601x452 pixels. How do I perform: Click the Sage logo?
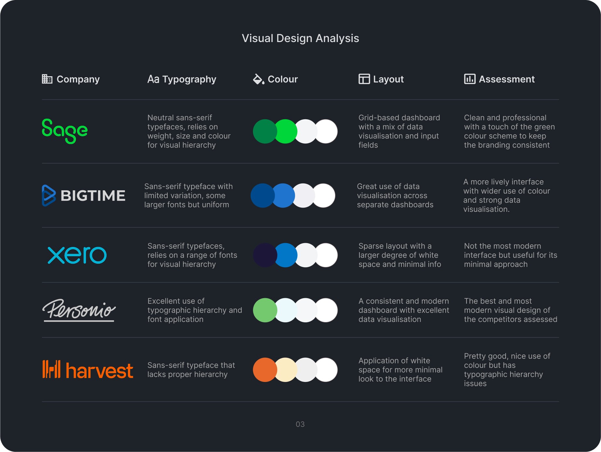click(65, 131)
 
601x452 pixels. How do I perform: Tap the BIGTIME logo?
click(84, 196)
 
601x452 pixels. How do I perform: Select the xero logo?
click(77, 255)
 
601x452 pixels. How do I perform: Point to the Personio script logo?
click(79, 310)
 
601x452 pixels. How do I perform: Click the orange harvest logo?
click(88, 370)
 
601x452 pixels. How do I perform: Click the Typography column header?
click(182, 79)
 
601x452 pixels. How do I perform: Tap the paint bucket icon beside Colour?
click(259, 79)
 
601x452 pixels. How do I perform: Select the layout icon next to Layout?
click(364, 79)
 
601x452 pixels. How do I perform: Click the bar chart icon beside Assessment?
click(470, 79)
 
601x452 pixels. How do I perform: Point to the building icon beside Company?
click(47, 79)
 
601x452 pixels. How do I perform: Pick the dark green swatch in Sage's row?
click(265, 131)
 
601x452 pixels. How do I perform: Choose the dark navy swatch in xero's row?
click(265, 255)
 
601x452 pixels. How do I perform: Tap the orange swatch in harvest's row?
click(265, 370)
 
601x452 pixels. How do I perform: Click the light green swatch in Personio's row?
click(265, 310)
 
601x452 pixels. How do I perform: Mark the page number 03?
click(300, 424)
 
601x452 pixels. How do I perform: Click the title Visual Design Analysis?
click(300, 38)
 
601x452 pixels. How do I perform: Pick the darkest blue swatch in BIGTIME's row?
click(262, 196)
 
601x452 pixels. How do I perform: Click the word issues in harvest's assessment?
click(475, 384)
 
